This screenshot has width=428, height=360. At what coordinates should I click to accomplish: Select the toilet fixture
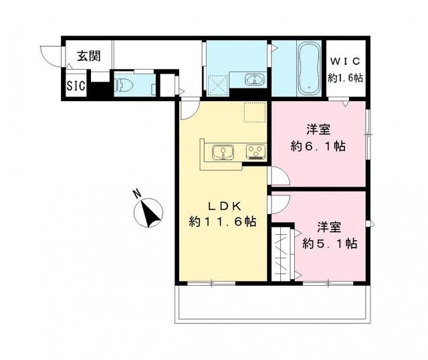tap(124, 84)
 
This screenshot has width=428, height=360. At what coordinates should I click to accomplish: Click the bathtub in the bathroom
tap(308, 68)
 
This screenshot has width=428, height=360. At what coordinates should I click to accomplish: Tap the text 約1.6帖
tap(345, 77)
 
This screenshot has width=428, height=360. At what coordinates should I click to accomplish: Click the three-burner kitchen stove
tap(255, 153)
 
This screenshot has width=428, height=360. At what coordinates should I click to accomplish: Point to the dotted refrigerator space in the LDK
tap(255, 112)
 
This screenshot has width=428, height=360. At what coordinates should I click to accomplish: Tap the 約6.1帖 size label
tap(317, 147)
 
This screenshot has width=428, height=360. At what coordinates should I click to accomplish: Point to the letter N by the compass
tap(136, 195)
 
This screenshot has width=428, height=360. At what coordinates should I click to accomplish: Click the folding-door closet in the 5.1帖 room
tap(283, 252)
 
